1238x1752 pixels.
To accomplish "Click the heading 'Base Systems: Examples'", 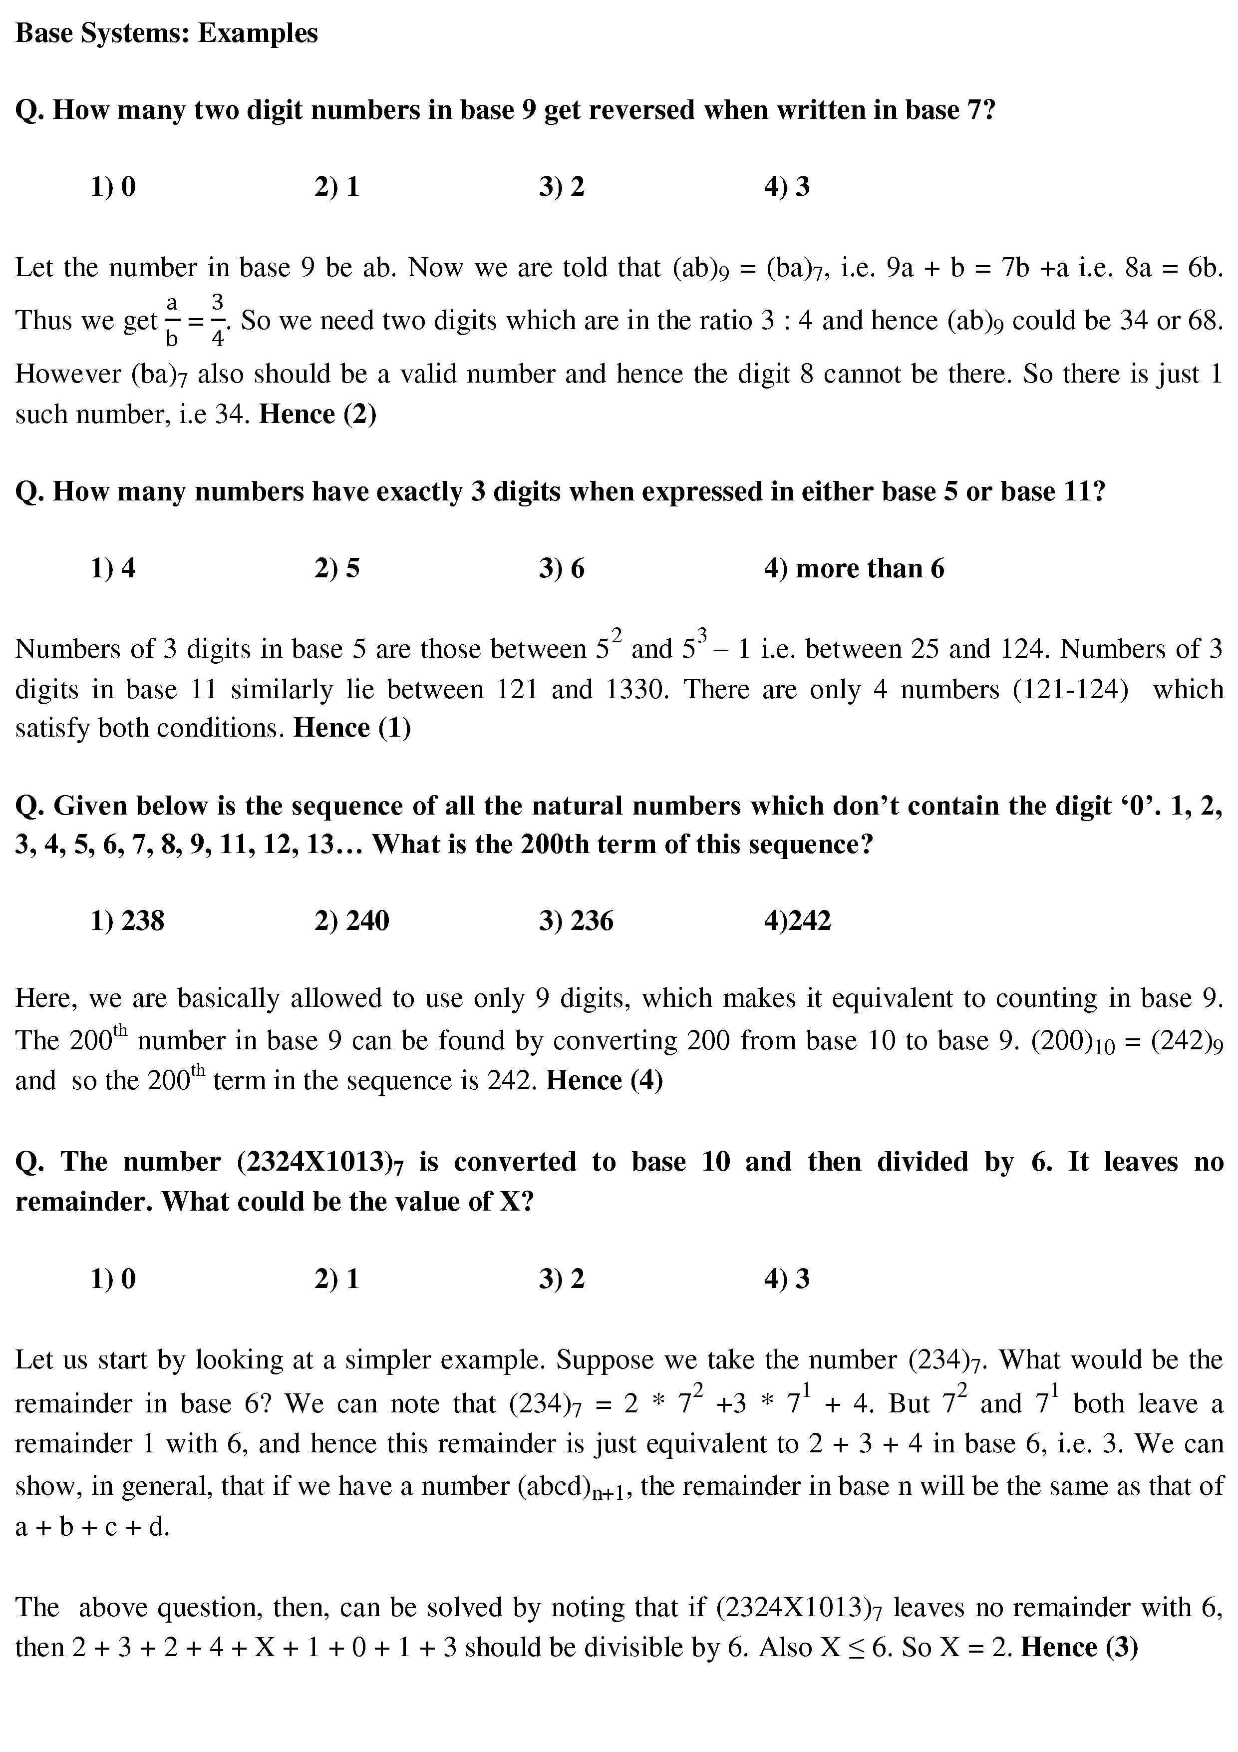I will pyautogui.click(x=166, y=33).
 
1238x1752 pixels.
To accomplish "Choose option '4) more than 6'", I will pyautogui.click(x=854, y=568).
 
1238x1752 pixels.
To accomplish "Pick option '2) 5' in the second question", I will pyautogui.click(x=336, y=568).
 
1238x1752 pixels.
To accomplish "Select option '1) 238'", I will pyautogui.click(x=127, y=920).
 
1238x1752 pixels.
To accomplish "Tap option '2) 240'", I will pyautogui.click(x=351, y=920).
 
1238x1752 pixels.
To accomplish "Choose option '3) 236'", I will pyautogui.click(x=576, y=920).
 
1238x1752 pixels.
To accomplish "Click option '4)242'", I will pyautogui.click(x=797, y=920).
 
